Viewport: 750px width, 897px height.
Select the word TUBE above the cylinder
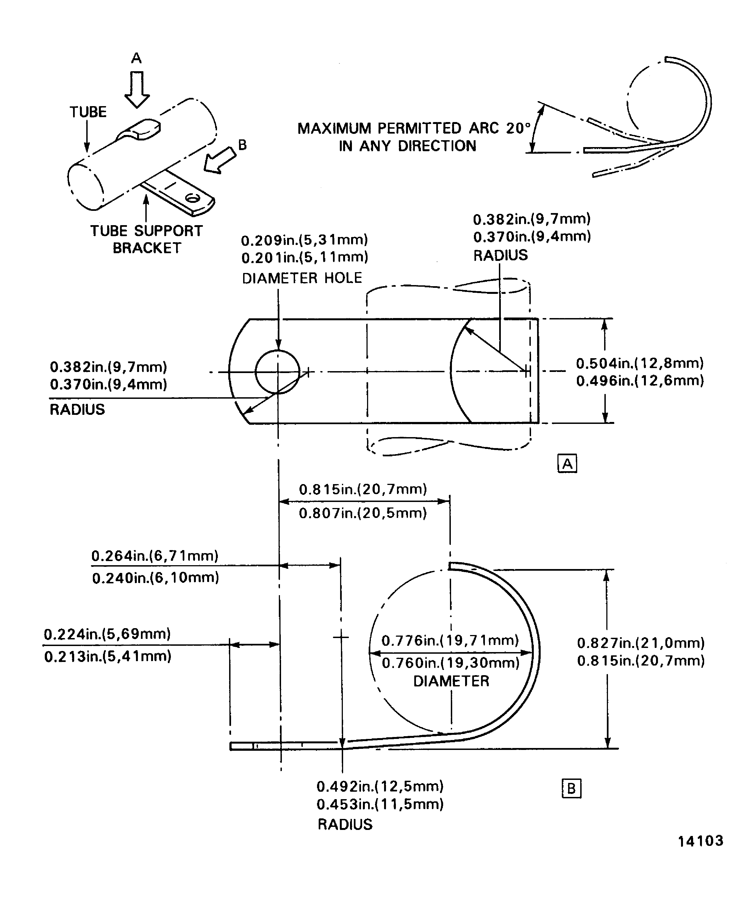[88, 112]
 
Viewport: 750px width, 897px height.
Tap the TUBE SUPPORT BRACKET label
[146, 239]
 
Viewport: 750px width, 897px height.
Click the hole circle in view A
[277, 372]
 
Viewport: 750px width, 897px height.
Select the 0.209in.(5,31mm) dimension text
[304, 240]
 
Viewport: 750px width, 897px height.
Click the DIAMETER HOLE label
[302, 278]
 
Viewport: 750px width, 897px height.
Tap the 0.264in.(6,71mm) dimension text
[154, 556]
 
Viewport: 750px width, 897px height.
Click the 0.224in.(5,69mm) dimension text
[107, 634]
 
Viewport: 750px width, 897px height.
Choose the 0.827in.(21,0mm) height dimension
[640, 643]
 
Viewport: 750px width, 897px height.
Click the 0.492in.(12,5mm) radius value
[380, 786]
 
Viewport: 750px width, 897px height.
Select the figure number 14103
[701, 841]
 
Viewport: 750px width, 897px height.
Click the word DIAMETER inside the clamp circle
[451, 681]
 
